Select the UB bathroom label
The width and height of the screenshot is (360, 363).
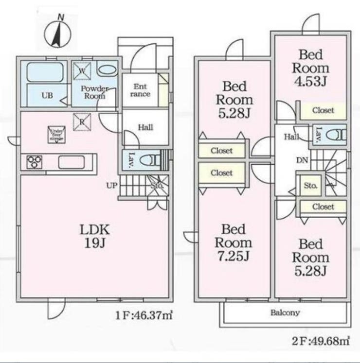(x=46, y=96)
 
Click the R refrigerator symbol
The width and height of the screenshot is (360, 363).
(x=82, y=121)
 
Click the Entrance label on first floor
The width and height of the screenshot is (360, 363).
(x=140, y=90)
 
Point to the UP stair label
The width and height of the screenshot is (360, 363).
(x=111, y=185)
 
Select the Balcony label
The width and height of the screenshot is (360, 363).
(x=285, y=312)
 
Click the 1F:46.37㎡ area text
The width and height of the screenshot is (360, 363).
(x=144, y=315)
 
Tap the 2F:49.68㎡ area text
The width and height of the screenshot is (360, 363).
(x=322, y=341)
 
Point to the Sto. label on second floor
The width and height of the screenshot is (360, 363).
(x=310, y=186)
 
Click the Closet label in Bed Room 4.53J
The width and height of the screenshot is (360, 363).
(x=323, y=110)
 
